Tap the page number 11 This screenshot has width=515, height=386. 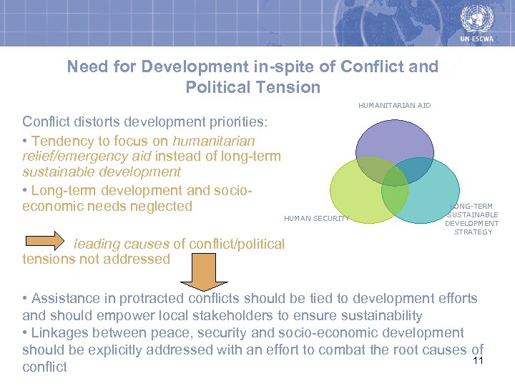click(479, 360)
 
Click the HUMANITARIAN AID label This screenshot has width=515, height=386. click(394, 106)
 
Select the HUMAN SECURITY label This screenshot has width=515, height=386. click(316, 218)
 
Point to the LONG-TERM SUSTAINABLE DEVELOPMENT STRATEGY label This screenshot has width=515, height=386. click(472, 219)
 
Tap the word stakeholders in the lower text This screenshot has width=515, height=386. click(228, 315)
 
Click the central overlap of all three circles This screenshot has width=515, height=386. click(394, 177)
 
